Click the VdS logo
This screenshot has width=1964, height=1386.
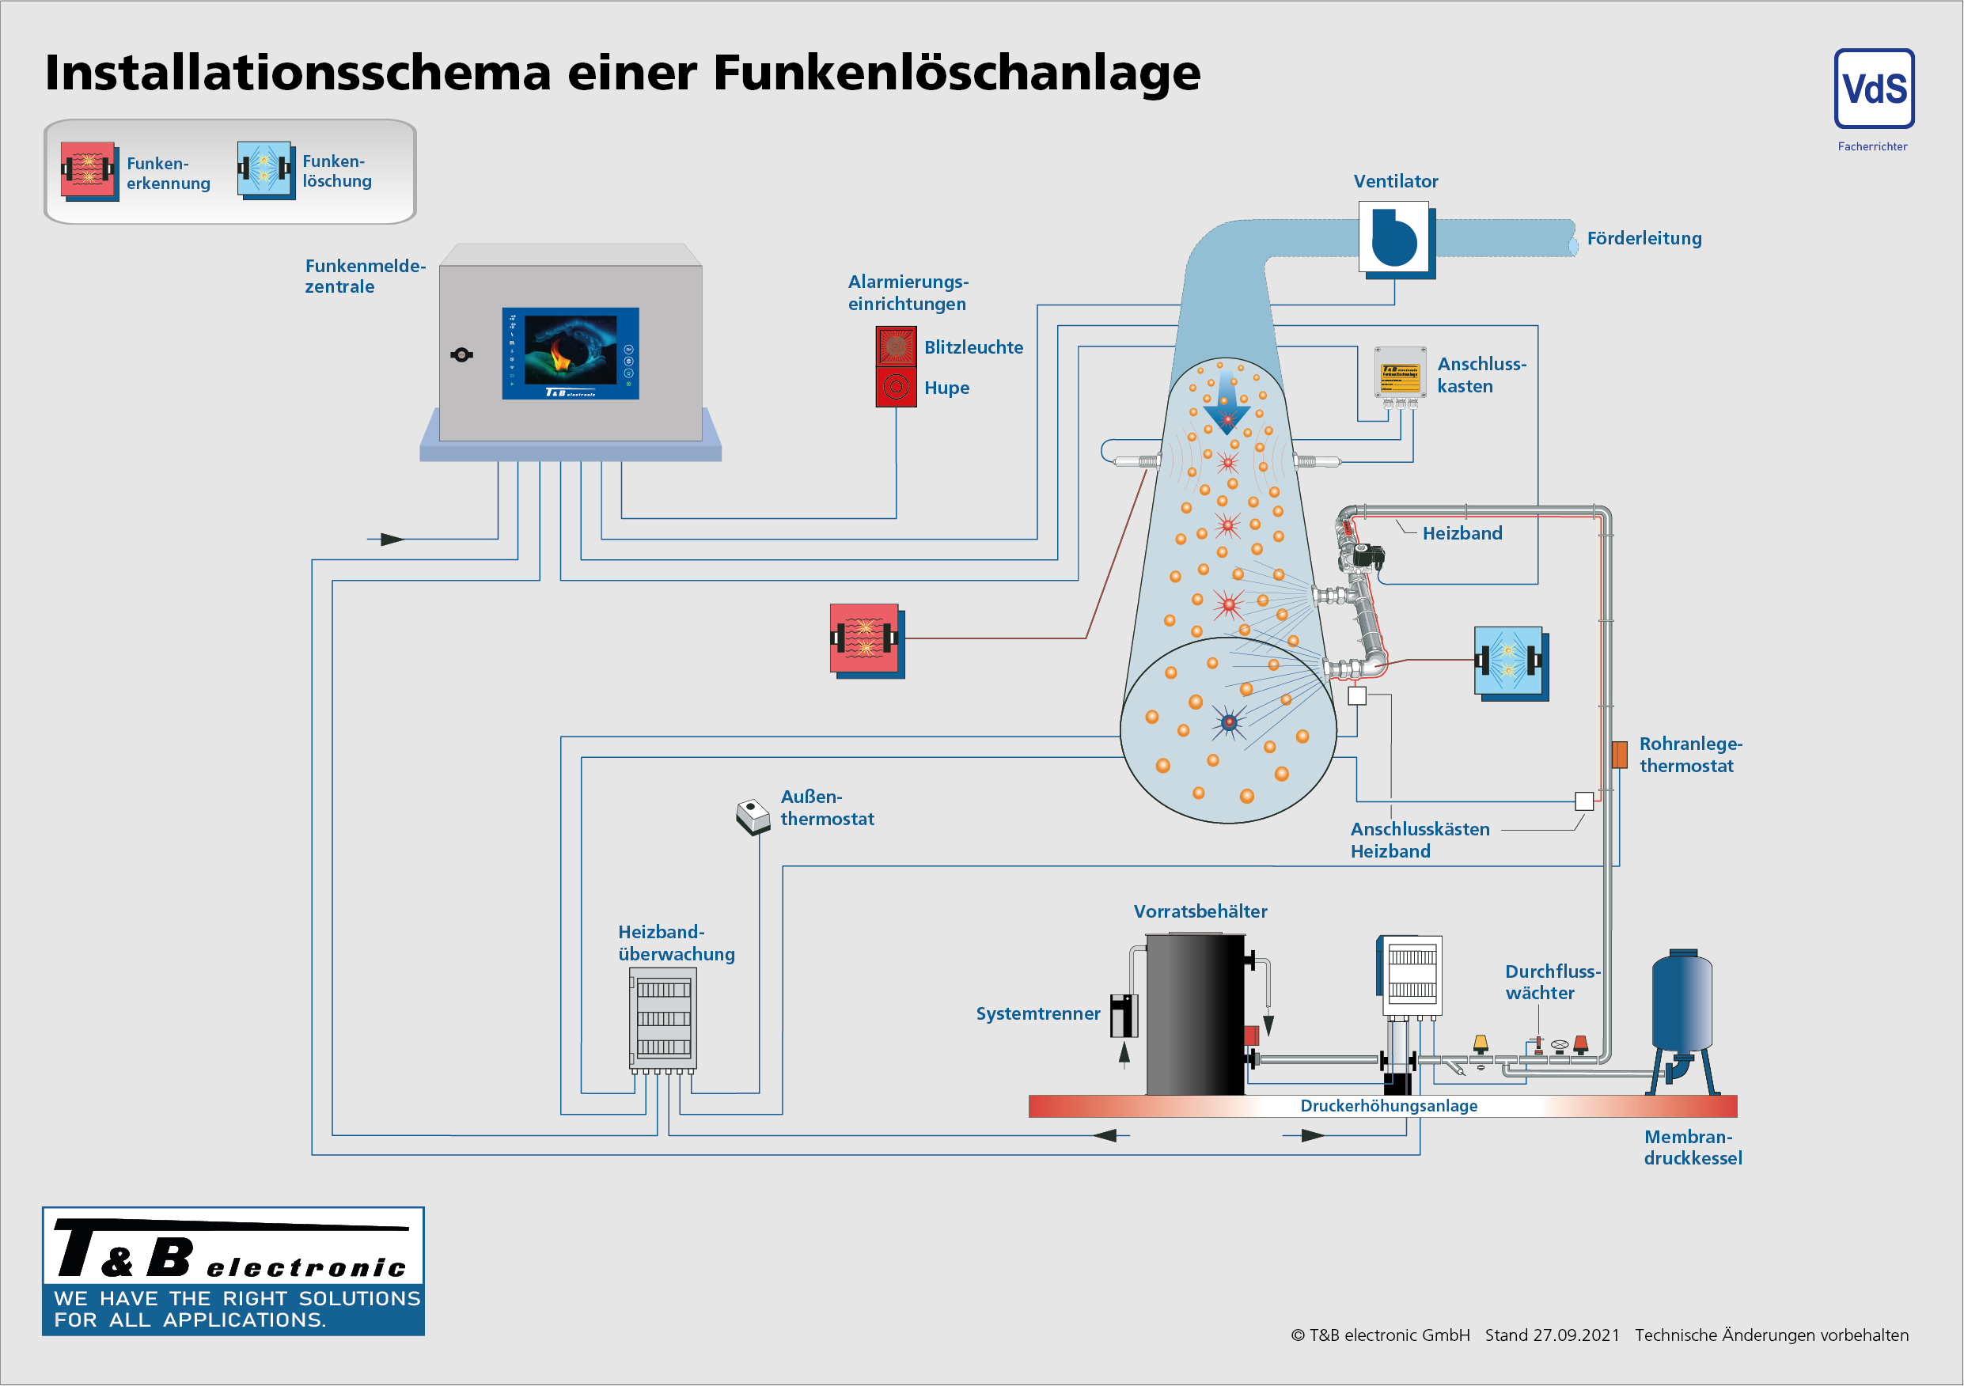pos(1873,89)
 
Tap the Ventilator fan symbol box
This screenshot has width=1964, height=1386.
pos(1393,237)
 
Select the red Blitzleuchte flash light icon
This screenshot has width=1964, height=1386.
pos(896,346)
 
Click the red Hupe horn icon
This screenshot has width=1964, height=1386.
pos(896,387)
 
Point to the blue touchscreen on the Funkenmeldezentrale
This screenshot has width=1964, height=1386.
pos(570,352)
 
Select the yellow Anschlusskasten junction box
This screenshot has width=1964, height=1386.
pos(1400,373)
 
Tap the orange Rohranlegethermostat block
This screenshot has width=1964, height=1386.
pos(1618,754)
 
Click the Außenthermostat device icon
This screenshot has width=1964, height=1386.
pos(753,816)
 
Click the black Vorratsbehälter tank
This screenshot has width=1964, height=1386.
pos(1194,1013)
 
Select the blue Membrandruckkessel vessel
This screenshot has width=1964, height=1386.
pos(1681,1001)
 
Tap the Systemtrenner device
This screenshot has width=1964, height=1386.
pos(1123,1015)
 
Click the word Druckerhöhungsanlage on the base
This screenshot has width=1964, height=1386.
pos(1388,1105)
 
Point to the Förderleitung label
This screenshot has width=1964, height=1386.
pos(1644,239)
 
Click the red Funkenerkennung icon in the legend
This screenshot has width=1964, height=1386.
pos(88,170)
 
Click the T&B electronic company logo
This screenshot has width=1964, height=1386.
pos(233,1270)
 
